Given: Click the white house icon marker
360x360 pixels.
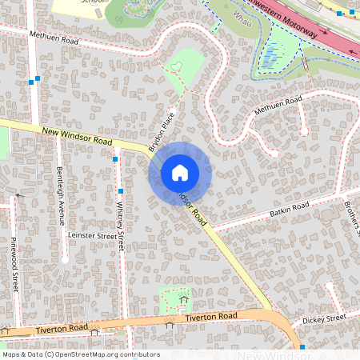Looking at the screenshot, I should tap(180, 172).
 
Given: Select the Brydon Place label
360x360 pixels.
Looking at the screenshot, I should tap(162, 130).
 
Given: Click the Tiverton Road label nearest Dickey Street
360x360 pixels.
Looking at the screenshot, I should tap(211, 318).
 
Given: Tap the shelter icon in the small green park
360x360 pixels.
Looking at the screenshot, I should tap(184, 300).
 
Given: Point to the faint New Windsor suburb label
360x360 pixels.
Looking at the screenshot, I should tap(271, 354).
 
